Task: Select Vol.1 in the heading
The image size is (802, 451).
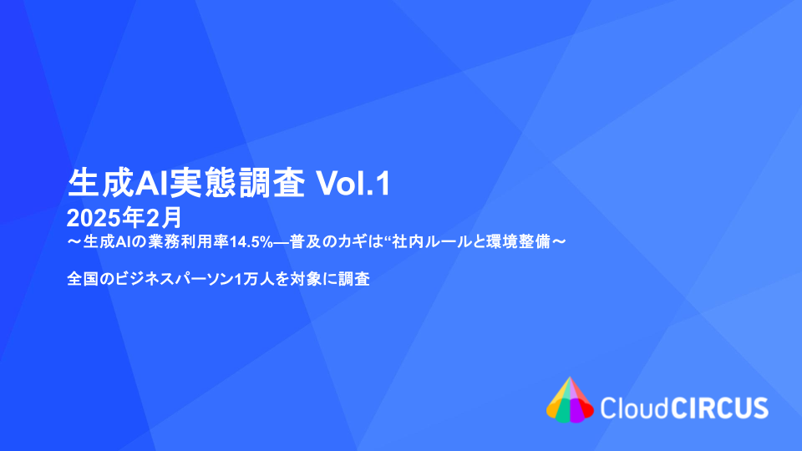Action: [353, 184]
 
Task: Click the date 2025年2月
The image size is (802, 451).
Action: [124, 218]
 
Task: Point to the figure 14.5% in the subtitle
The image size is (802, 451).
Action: [251, 241]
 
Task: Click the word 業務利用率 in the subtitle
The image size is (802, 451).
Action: [188, 241]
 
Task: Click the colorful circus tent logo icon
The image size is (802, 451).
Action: [570, 400]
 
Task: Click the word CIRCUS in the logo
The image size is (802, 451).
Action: [719, 408]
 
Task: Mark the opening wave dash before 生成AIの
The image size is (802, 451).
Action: [74, 241]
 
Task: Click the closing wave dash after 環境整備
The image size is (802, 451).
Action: [559, 241]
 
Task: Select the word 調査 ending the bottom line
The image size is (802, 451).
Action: [354, 279]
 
